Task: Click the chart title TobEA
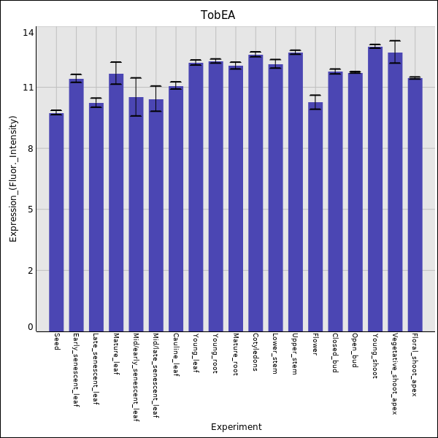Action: pos(218,15)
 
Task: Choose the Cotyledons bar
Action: pos(255,193)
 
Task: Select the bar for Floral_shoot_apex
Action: pos(415,204)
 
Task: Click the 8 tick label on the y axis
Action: pos(31,149)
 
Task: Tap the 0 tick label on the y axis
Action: pos(31,327)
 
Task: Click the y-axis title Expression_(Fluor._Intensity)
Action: pos(13,179)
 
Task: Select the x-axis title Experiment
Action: pos(236,427)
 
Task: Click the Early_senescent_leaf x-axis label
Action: pos(76,370)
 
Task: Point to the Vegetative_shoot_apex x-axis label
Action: pos(394,374)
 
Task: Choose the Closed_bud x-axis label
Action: pos(334,353)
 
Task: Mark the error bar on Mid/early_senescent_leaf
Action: pos(136,96)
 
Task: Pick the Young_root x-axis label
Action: pos(215,353)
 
